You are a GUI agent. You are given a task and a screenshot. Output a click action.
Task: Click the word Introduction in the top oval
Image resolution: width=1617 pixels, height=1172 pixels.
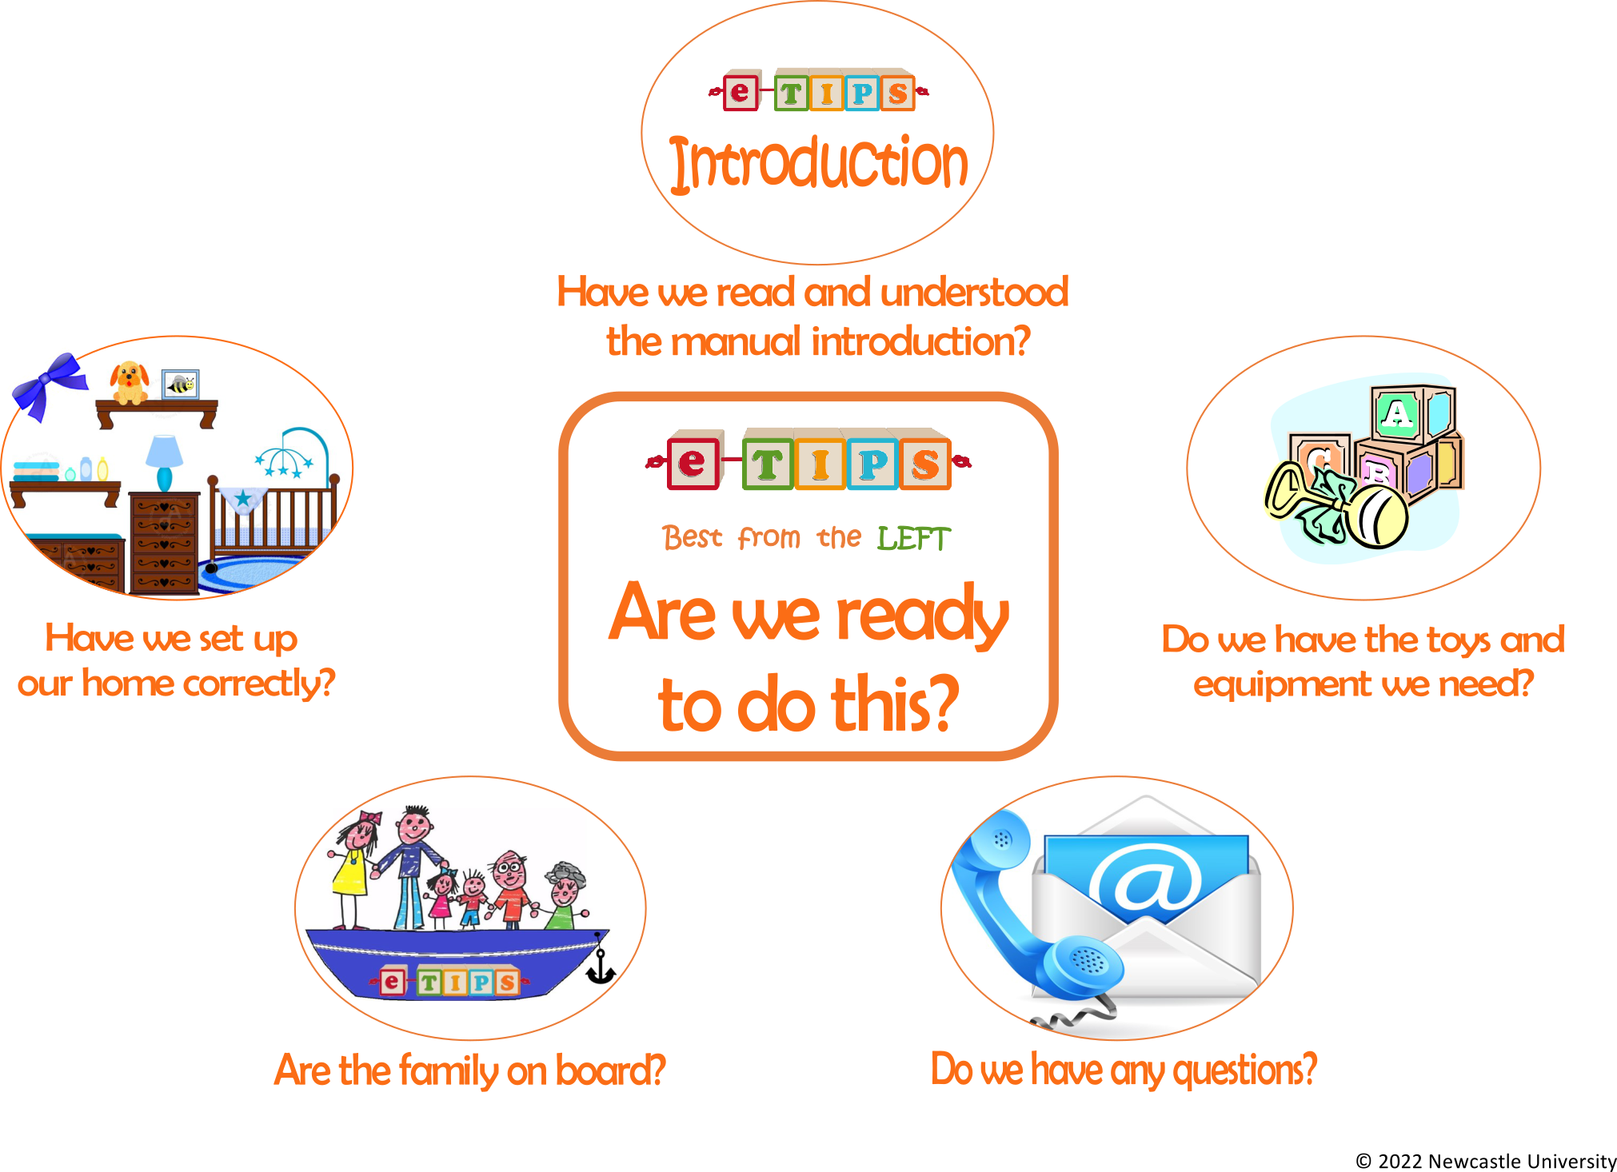[x=819, y=164]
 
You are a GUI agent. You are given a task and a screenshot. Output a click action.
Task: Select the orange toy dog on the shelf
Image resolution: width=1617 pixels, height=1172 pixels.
[x=130, y=383]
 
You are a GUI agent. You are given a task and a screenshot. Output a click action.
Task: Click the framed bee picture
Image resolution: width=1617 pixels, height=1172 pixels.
[x=180, y=385]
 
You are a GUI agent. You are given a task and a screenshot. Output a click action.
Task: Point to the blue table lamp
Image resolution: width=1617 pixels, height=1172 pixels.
[x=164, y=462]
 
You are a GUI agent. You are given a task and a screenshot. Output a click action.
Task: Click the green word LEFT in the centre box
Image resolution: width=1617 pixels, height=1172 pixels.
[x=914, y=539]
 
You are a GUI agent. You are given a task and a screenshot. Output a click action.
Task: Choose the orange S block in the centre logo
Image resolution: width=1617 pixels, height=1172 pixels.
[x=924, y=462]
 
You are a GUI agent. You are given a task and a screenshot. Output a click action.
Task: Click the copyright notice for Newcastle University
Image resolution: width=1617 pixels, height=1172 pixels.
[x=1486, y=1161]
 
